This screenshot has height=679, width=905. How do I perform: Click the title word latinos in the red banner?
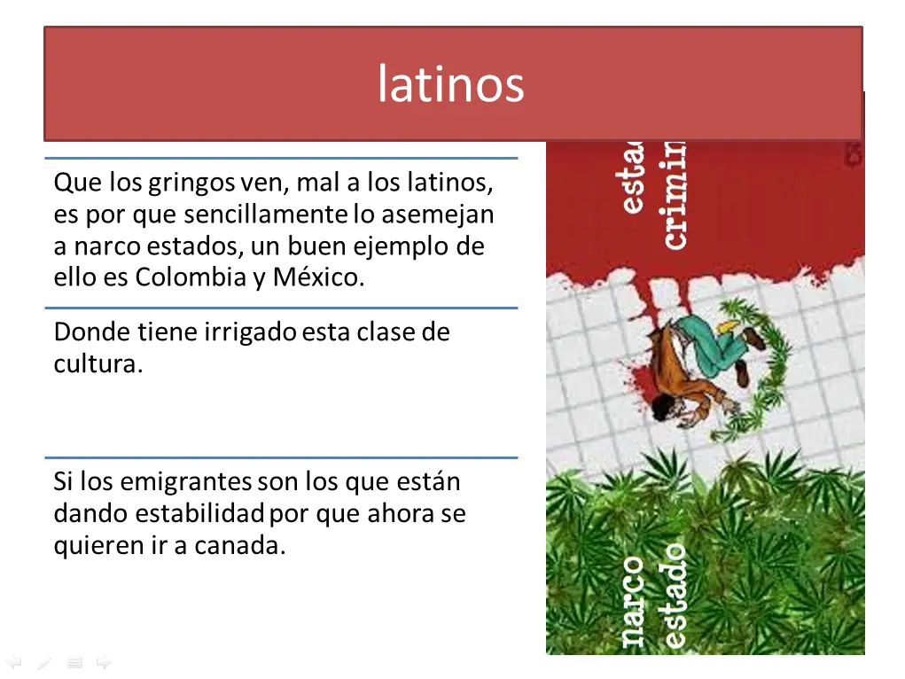click(451, 85)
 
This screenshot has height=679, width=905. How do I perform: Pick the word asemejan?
click(437, 215)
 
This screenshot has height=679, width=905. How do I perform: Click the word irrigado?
click(251, 332)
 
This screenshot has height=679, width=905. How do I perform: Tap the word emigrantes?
click(186, 482)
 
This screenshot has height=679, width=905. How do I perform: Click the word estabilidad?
click(200, 514)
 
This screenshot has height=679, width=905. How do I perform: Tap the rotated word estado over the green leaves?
click(674, 596)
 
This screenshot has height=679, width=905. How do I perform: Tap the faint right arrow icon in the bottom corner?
click(104, 661)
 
